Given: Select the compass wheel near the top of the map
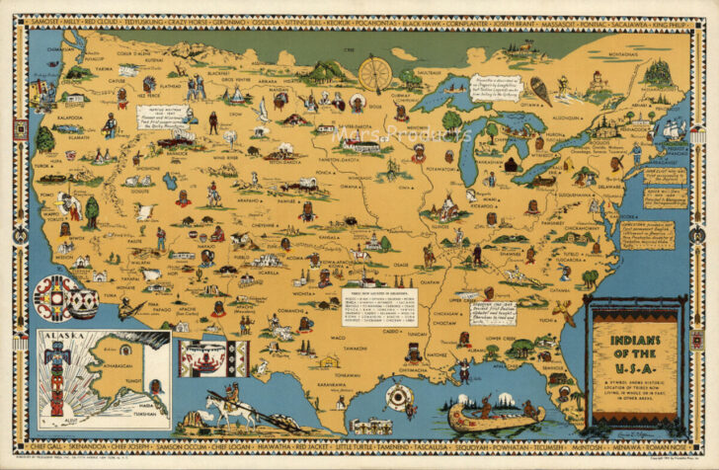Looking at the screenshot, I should [x=373, y=75].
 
